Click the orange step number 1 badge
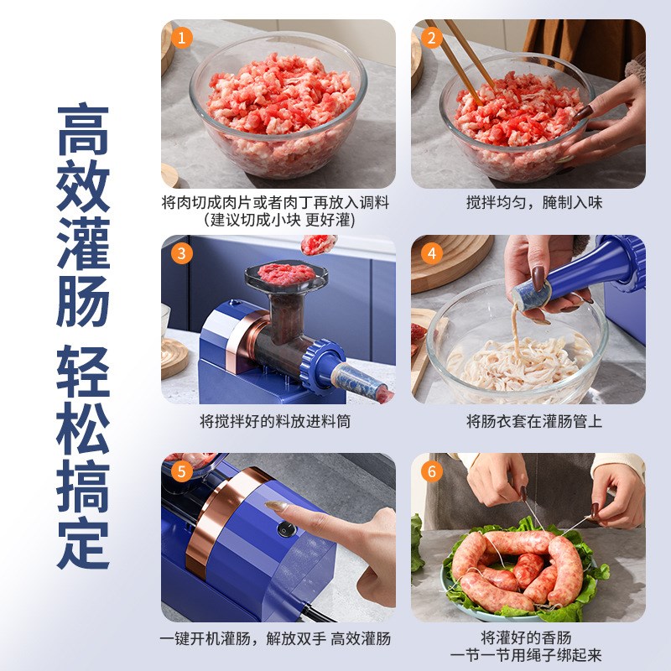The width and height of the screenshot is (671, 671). point(181,38)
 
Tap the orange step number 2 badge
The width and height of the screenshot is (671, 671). point(431,38)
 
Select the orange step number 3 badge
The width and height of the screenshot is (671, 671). point(181,253)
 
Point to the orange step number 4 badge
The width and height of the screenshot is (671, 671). point(431,253)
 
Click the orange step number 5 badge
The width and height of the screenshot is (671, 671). point(181,471)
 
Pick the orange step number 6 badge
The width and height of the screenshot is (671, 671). point(431,471)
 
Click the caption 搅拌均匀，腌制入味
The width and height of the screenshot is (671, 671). point(534,203)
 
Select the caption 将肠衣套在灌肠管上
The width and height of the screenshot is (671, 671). point(534,421)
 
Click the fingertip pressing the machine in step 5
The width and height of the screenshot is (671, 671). point(273,507)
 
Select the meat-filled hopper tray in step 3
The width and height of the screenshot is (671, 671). point(283,275)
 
